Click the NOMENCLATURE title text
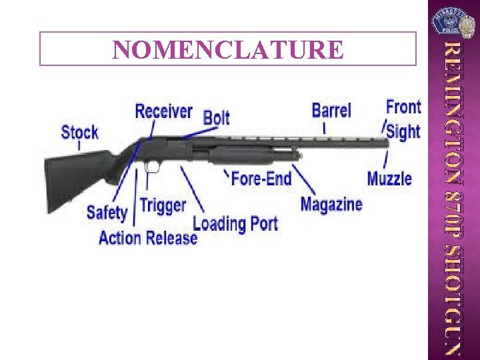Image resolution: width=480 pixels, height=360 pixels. tap(228, 49)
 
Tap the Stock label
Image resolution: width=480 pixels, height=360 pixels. tap(79, 132)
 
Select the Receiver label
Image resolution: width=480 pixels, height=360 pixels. tap(163, 111)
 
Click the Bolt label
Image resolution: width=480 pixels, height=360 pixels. tap(217, 118)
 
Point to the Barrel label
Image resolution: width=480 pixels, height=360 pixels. tap(331, 110)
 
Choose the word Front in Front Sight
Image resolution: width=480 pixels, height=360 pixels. tap(403, 107)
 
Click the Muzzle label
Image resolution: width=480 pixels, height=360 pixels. tap(389, 179)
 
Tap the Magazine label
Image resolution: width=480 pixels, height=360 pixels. tap(331, 204)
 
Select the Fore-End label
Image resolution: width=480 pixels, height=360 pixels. tap(261, 178)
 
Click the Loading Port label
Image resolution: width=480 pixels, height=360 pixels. tap(235, 223)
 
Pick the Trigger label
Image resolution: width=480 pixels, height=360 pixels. tap(163, 205)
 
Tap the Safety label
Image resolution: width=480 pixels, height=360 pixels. tap(107, 213)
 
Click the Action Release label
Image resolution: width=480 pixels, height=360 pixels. tap(148, 237)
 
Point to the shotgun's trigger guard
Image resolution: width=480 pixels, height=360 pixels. tap(152, 166)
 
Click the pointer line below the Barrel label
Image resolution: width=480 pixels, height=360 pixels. tap(325, 127)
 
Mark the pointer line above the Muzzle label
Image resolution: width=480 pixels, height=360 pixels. tap(386, 159)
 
